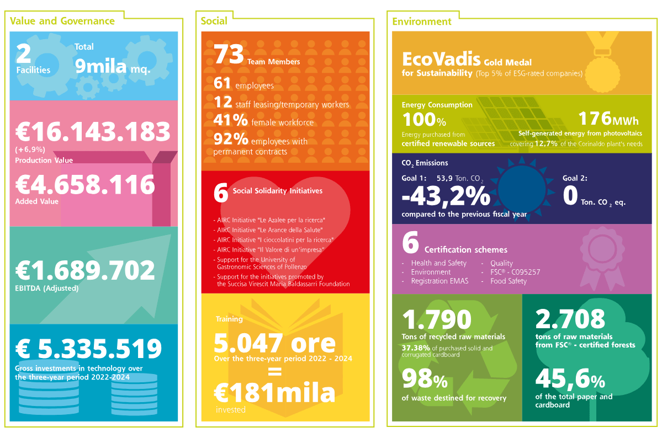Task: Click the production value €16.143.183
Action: (93, 132)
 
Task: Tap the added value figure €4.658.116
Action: (85, 185)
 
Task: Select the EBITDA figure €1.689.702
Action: (85, 270)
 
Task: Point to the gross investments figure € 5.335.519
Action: (89, 349)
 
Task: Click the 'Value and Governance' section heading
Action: (62, 21)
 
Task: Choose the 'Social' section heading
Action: (214, 21)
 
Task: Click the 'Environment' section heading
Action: (422, 22)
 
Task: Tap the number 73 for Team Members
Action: (229, 55)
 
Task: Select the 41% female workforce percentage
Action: (231, 120)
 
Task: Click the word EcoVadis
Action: (441, 59)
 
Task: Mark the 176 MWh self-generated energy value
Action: (608, 119)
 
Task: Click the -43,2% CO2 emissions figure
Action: (446, 196)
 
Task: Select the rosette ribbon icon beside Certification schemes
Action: (602, 258)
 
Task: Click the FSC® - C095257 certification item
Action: (515, 272)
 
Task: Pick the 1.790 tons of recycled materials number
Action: (437, 319)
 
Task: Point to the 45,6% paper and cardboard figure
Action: (570, 378)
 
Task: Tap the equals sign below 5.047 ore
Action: (275, 372)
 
